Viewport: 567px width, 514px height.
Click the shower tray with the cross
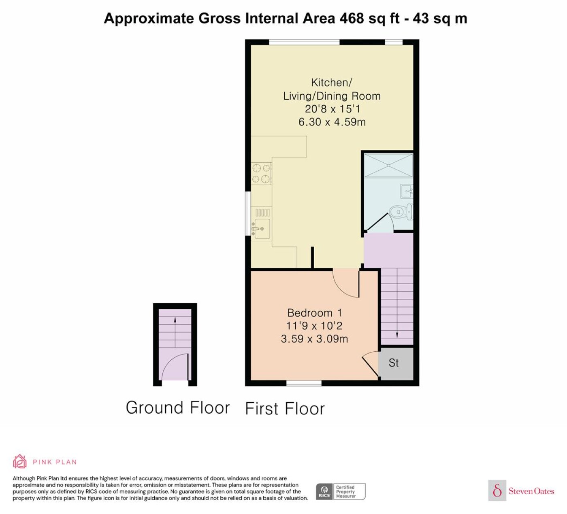tap(389, 166)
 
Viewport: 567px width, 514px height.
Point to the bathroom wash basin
tap(407, 191)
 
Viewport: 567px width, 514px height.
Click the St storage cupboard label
tap(393, 363)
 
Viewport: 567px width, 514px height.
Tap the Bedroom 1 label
tap(315, 313)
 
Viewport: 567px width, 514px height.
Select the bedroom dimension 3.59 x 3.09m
tap(314, 338)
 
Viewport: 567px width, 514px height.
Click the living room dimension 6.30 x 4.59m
tap(332, 122)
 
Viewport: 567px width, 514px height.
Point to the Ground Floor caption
tap(178, 408)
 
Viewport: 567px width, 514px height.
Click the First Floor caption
tap(285, 409)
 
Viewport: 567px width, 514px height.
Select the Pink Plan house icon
tap(20, 462)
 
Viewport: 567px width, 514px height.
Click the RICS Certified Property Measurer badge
tap(341, 492)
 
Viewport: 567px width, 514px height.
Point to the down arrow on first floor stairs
tap(397, 303)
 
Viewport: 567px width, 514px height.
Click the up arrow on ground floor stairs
tap(175, 332)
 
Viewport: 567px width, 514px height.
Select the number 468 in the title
tap(352, 18)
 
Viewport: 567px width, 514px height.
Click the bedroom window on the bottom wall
tap(304, 383)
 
